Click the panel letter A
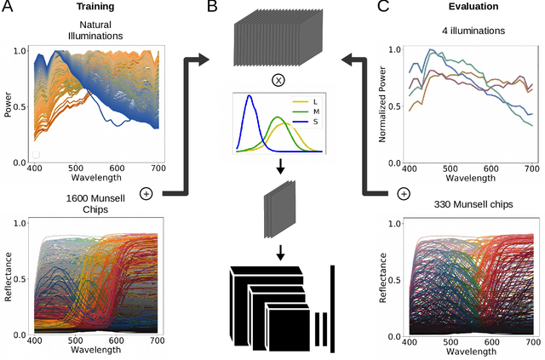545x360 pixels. point(8,9)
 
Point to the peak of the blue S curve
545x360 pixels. point(249,96)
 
